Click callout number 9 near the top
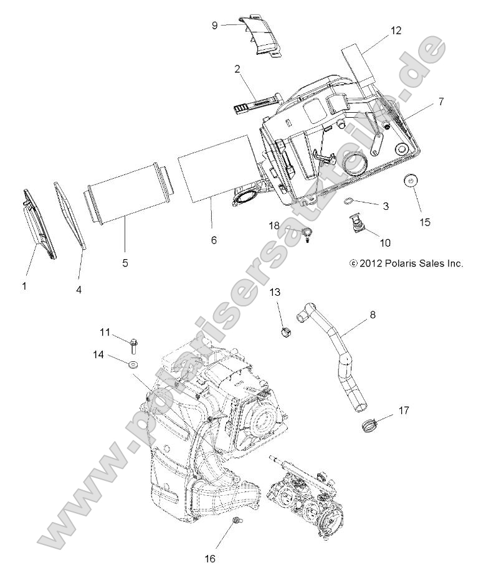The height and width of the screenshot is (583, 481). [x=215, y=26]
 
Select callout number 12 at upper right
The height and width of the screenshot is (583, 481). [x=396, y=30]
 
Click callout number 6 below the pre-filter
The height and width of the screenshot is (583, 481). [x=214, y=240]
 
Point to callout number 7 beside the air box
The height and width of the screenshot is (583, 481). [x=441, y=101]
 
